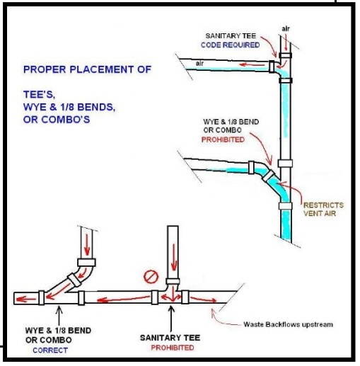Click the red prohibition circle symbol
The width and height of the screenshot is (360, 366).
[151, 277]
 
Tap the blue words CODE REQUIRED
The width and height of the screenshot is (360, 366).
[230, 45]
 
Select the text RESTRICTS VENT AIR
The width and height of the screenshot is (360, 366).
[323, 209]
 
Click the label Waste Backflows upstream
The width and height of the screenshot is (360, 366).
[288, 324]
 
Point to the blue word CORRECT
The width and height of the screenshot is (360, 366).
[50, 350]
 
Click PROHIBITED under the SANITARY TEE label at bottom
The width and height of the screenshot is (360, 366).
[173, 348]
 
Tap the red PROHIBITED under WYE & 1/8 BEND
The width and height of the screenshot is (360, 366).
[223, 139]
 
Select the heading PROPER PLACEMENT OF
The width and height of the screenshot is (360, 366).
[87, 69]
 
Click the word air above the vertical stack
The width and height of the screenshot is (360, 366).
[286, 29]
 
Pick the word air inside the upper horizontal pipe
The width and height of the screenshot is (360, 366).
[199, 63]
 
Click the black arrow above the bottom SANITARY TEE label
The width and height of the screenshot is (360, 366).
[171, 319]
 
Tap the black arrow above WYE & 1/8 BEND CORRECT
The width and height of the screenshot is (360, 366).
[59, 315]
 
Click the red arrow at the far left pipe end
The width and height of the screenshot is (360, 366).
[26, 299]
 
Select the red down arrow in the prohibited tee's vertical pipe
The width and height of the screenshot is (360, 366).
[174, 257]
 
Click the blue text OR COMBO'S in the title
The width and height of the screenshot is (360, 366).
[57, 120]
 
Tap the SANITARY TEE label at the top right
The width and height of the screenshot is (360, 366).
[231, 36]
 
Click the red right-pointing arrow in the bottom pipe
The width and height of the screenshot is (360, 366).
[203, 299]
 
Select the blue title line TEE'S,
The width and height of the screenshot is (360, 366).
[40, 95]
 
